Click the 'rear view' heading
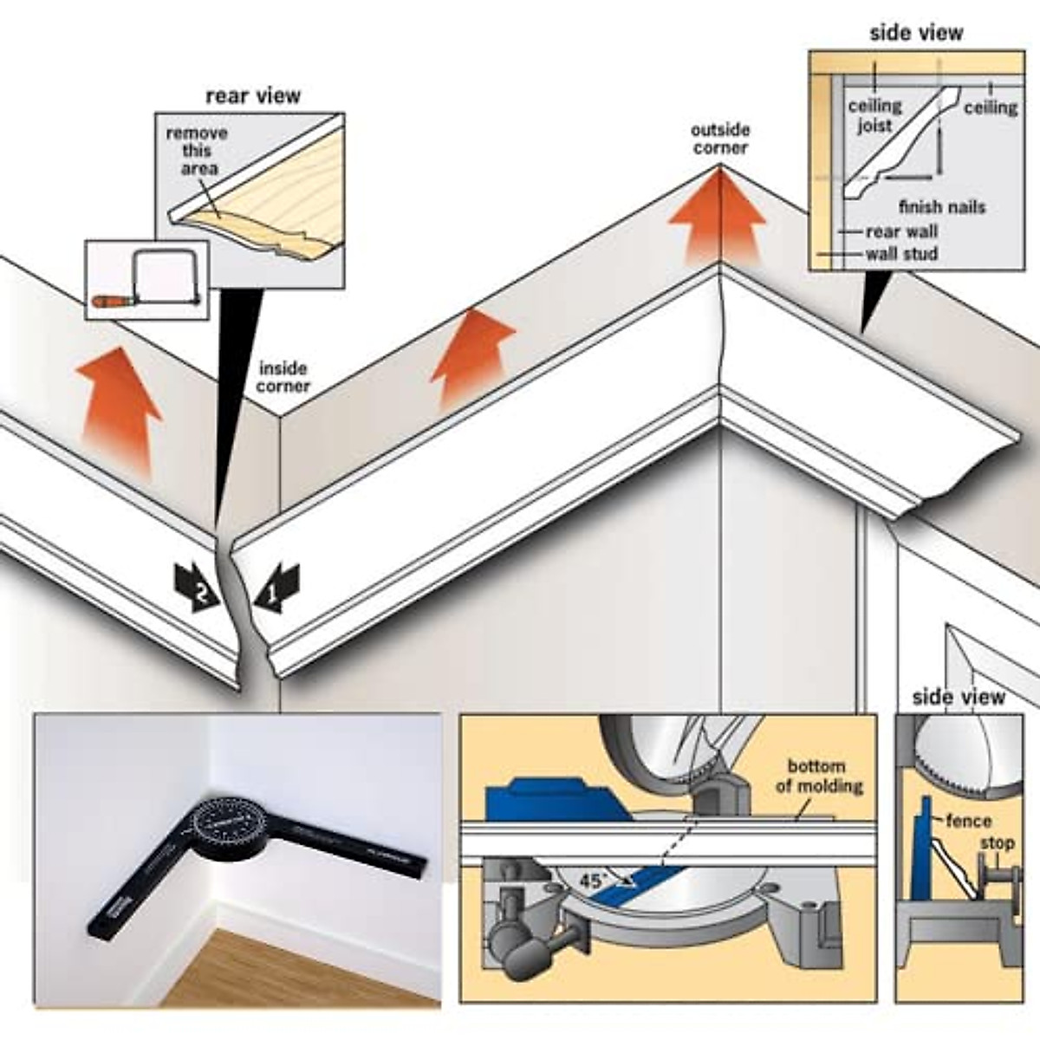coord(253,95)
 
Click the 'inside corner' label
coord(283,377)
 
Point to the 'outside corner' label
coord(720,139)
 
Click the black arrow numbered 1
coord(277,588)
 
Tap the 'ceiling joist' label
coord(874,115)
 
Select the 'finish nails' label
coord(942,207)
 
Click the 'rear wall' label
coord(901,231)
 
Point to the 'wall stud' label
coord(901,254)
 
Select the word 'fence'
coord(968,820)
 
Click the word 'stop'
coord(996,843)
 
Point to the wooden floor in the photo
coord(286,962)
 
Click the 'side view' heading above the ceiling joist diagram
coord(915,33)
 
